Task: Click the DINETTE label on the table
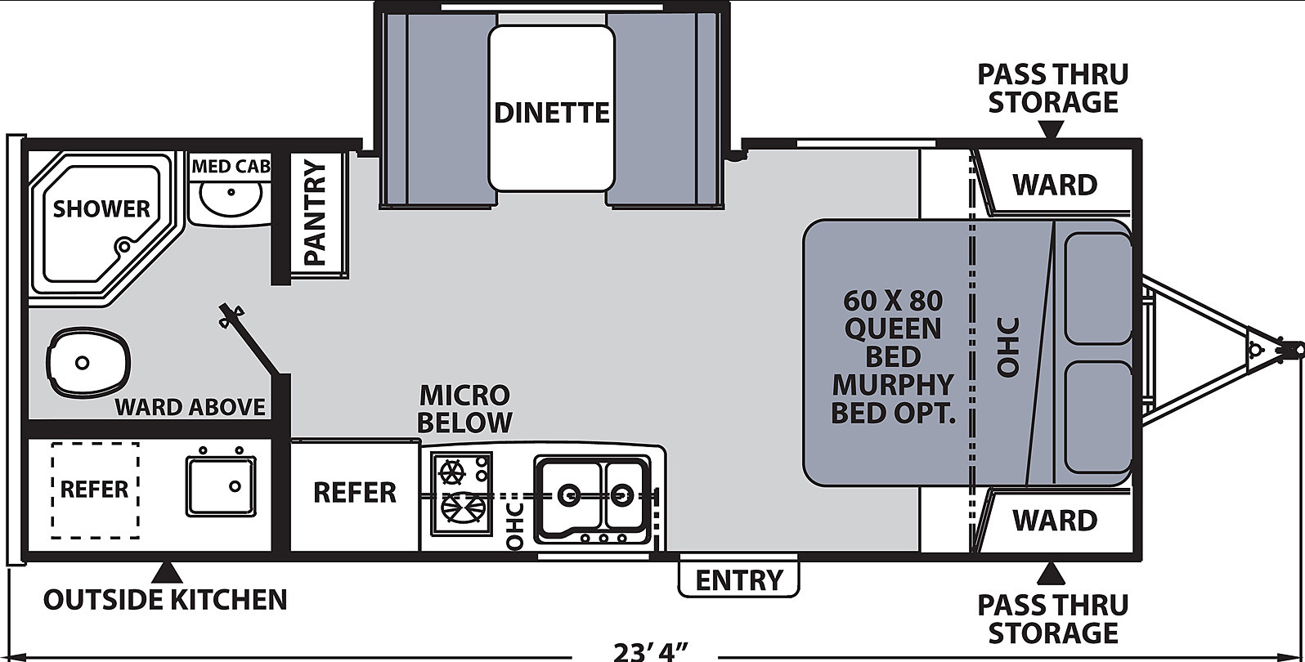(x=552, y=112)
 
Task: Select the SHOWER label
(x=102, y=209)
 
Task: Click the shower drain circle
(x=123, y=246)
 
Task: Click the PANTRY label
(x=315, y=213)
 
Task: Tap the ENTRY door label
(x=738, y=580)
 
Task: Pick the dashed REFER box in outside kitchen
(x=95, y=490)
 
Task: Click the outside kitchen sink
(x=221, y=485)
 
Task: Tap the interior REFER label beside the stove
(x=355, y=493)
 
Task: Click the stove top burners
(x=461, y=493)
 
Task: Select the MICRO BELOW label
(x=464, y=409)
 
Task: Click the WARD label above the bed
(x=1055, y=185)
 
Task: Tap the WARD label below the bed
(x=1055, y=521)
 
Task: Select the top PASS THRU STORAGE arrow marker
(x=1052, y=129)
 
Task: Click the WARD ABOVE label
(x=191, y=407)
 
